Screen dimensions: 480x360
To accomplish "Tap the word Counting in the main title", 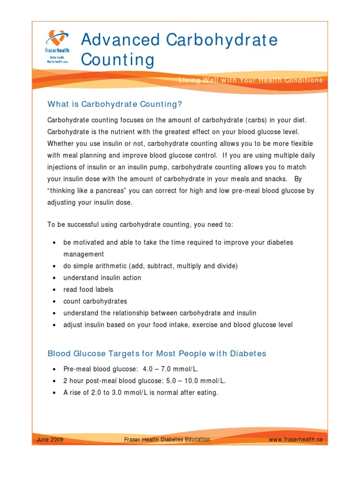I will (x=117, y=60).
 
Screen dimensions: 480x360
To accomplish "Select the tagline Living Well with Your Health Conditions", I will (x=251, y=80).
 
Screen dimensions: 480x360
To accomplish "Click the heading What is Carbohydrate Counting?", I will (x=114, y=104).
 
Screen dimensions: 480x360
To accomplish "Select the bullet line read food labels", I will (x=89, y=290).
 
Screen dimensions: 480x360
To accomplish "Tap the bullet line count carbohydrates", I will (x=95, y=301).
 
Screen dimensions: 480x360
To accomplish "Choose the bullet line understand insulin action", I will (x=102, y=277).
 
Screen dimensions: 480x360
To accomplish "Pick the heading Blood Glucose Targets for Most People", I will (x=157, y=353).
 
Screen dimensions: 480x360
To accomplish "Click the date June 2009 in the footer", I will (x=50, y=440).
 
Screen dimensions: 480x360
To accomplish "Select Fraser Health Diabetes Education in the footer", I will (x=166, y=440).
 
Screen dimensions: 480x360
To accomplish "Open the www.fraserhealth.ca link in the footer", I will (x=295, y=440).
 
